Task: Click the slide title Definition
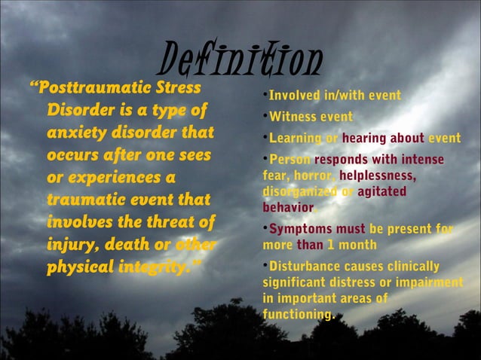point(240,58)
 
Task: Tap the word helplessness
point(378,175)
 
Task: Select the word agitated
point(382,192)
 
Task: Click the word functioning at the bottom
point(299,314)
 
